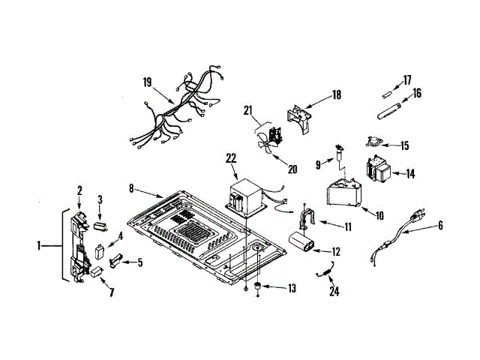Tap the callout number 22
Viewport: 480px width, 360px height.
pyautogui.click(x=231, y=157)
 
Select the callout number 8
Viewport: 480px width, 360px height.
pyautogui.click(x=131, y=190)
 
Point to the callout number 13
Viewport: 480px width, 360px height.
pyautogui.click(x=292, y=288)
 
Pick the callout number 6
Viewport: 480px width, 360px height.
pyautogui.click(x=440, y=224)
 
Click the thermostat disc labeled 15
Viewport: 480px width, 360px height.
pyautogui.click(x=373, y=139)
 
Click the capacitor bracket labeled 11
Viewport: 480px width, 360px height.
pyautogui.click(x=307, y=217)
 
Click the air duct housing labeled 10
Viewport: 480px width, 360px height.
pyautogui.click(x=343, y=193)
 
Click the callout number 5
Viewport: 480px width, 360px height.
pyautogui.click(x=139, y=262)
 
